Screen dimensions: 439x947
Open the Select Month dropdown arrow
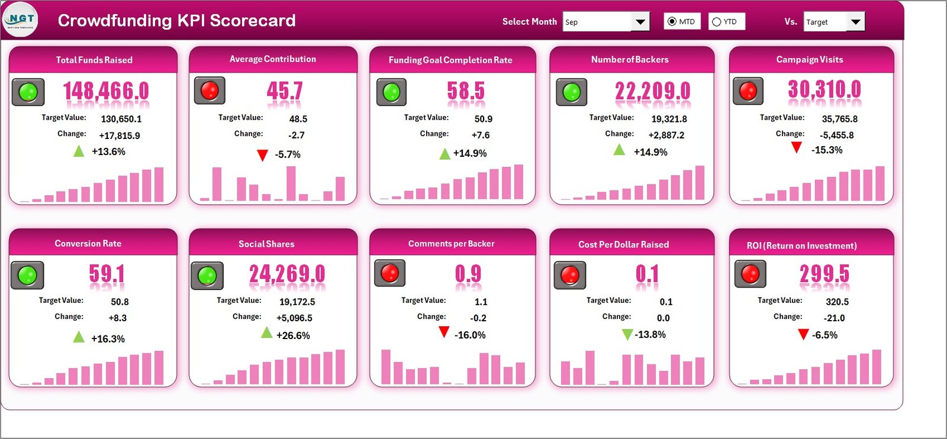point(640,22)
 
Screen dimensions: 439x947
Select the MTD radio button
point(672,22)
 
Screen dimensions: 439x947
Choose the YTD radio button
point(717,22)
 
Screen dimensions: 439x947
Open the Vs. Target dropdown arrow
point(855,22)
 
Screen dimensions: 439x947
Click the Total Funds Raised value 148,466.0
point(106,91)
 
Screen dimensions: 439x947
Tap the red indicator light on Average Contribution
point(210,91)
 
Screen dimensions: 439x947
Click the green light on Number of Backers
point(571,92)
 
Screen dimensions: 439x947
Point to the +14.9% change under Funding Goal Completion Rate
point(470,154)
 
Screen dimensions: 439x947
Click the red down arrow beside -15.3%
point(797,147)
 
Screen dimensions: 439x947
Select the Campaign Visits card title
point(809,60)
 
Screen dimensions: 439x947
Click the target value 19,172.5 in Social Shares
point(297,302)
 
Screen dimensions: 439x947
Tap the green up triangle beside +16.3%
point(79,337)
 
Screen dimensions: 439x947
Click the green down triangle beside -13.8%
point(627,335)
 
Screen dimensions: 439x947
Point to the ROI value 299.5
point(824,274)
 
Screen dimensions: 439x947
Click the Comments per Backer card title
point(451,244)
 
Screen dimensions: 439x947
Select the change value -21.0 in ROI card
point(835,318)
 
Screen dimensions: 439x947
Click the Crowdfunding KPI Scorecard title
point(176,21)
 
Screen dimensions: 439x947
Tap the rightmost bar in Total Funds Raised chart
point(159,185)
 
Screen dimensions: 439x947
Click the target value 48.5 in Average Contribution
point(298,119)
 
